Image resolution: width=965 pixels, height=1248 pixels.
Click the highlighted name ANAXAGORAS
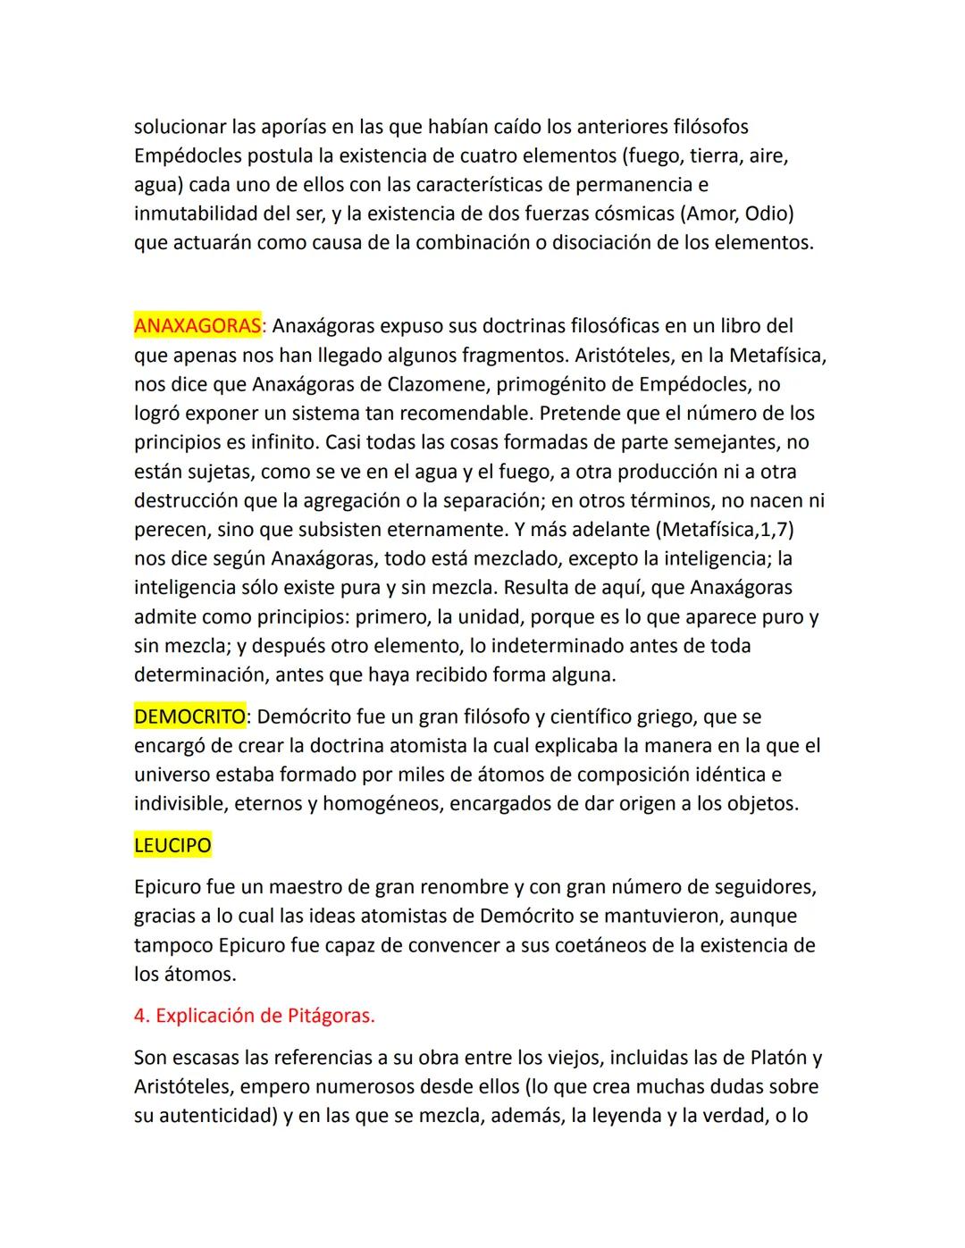tap(197, 326)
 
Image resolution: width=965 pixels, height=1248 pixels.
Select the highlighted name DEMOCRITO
tap(189, 716)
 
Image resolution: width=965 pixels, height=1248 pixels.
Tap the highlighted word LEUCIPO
tap(172, 845)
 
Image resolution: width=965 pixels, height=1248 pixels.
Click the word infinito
tap(281, 442)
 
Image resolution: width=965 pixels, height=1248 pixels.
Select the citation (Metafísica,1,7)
tap(725, 530)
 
